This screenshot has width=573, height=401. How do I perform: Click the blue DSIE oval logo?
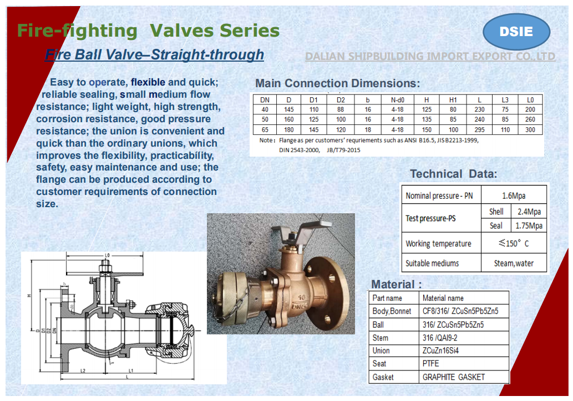pos(516,32)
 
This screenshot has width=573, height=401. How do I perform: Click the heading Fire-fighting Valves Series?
pos(148,30)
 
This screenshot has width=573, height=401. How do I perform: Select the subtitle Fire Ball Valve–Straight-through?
pos(154,55)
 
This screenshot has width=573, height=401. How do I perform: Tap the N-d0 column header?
pos(397,99)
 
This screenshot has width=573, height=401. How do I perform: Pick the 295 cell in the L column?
pos(479,129)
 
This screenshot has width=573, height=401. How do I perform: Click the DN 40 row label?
pos(265,109)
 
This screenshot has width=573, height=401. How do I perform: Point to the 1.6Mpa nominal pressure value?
pos(514,196)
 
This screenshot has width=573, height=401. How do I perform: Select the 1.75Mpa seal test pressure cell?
pos(529,225)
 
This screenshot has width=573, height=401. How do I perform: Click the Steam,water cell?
pos(514,263)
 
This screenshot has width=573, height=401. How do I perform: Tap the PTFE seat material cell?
pos(430,364)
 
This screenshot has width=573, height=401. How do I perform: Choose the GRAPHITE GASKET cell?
pos(453,377)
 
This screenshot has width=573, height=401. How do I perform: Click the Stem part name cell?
pos(381,338)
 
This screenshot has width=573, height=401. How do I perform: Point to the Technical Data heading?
pos(453,174)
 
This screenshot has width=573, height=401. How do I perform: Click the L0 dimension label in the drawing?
pos(107,255)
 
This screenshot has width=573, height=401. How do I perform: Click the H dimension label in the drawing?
pos(27,295)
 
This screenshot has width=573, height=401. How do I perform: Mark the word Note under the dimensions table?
pos(267,141)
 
